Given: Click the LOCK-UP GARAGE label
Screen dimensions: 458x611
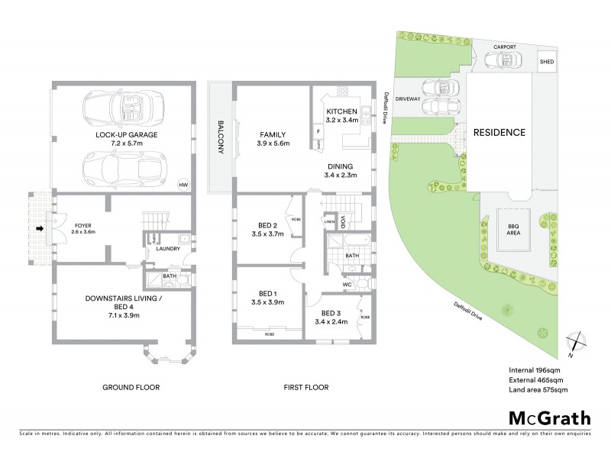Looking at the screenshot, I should (x=127, y=134).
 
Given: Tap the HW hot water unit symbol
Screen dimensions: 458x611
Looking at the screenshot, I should (x=183, y=185).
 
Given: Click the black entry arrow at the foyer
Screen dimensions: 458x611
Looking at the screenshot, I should (x=40, y=227).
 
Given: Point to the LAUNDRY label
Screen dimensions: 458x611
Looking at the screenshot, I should (x=166, y=248).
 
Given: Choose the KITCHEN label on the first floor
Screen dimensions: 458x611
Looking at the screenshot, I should (x=341, y=111).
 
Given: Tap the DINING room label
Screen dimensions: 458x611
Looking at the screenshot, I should (x=341, y=166).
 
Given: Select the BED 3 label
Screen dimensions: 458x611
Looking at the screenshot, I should (x=331, y=313).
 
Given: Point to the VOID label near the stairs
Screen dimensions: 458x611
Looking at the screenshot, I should (x=344, y=221).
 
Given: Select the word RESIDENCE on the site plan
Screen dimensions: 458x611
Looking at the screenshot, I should (x=499, y=132).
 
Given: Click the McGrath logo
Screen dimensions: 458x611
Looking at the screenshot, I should (x=549, y=417).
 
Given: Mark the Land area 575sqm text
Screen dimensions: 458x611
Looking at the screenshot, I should (x=538, y=390).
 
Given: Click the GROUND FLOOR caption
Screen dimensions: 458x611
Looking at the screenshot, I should (x=131, y=387).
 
